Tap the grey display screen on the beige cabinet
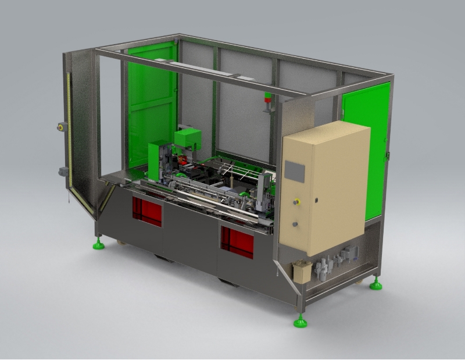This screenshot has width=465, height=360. pyautogui.click(x=295, y=171)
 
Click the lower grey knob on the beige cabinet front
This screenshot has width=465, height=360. pyautogui.click(x=295, y=223)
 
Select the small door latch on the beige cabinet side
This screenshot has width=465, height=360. pyautogui.click(x=316, y=200)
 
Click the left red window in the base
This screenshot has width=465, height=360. pyautogui.click(x=147, y=211)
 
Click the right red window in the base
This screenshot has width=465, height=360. pyautogui.click(x=237, y=242)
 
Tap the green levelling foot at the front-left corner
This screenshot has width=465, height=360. pyautogui.click(x=99, y=245)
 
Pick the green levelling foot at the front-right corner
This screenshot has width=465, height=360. pyautogui.click(x=300, y=322)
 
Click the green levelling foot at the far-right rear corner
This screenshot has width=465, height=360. pyautogui.click(x=377, y=285)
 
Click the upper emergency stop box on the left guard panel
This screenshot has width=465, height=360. pyautogui.click(x=60, y=127)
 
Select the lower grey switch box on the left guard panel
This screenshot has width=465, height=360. pyautogui.click(x=62, y=171)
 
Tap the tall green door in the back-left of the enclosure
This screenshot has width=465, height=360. pyautogui.click(x=151, y=105)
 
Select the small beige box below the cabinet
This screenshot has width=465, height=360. pyautogui.click(x=302, y=272)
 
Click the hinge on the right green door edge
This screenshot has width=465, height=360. pyautogui.click(x=387, y=154)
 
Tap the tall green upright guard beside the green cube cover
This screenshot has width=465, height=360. pyautogui.click(x=154, y=160)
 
